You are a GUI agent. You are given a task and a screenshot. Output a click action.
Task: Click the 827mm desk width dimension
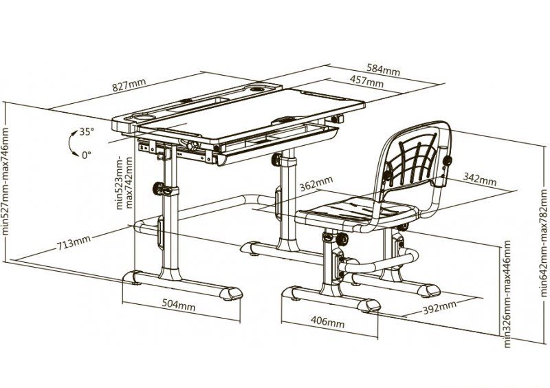point(129,85)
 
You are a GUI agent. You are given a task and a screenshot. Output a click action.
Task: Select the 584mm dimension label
point(383,69)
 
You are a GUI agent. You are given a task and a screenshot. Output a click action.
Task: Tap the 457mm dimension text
point(366,81)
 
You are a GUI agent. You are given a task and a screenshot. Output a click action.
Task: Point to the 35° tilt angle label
point(87,131)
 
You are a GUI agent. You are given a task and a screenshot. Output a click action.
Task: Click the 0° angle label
point(86,155)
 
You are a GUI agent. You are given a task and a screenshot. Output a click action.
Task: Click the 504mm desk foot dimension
point(178,304)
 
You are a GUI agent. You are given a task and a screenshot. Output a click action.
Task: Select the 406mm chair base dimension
point(328,321)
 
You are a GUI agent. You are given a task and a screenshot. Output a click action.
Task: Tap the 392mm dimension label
point(439,308)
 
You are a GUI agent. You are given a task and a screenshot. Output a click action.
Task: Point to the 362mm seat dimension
point(316,184)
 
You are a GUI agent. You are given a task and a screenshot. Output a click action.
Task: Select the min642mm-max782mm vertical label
point(544,243)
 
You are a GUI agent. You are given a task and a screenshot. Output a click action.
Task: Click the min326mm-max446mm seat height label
point(507,294)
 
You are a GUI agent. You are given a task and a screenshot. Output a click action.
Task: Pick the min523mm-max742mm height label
point(124,182)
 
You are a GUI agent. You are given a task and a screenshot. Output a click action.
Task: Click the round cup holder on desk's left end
point(144,116)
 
